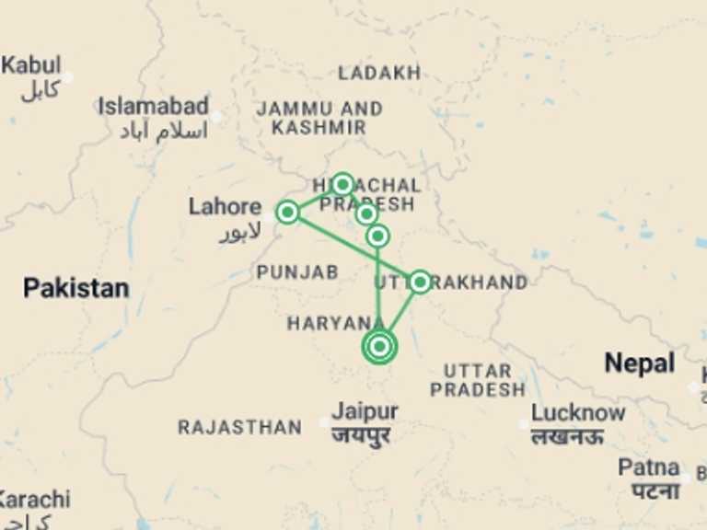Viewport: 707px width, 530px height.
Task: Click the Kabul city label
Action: pyautogui.click(x=32, y=66)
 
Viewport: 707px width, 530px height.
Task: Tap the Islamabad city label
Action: pyautogui.click(x=154, y=107)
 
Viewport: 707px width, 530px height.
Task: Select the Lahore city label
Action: pyautogui.click(x=225, y=207)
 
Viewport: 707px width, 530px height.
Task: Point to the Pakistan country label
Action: pyautogui.click(x=75, y=289)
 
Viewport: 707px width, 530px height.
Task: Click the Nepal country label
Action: pyautogui.click(x=639, y=363)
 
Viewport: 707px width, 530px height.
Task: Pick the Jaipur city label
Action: pyautogui.click(x=365, y=411)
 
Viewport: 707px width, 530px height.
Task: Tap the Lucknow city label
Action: pyautogui.click(x=578, y=413)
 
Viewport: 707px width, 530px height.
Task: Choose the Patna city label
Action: pyautogui.click(x=649, y=467)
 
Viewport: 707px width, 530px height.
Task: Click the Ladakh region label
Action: pyautogui.click(x=379, y=73)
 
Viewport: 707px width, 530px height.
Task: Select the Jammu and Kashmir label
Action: pyautogui.click(x=319, y=119)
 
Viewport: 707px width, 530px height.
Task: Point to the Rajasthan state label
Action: pyautogui.click(x=239, y=428)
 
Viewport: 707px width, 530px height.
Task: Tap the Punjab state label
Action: pyautogui.click(x=296, y=272)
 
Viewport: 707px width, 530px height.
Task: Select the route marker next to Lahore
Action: pyautogui.click(x=287, y=213)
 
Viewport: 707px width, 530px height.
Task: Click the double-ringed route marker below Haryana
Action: pyautogui.click(x=379, y=347)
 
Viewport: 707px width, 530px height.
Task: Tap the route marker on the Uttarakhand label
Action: pyautogui.click(x=420, y=282)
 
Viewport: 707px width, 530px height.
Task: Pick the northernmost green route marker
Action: pyautogui.click(x=342, y=184)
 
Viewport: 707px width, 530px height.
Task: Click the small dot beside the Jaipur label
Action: pyautogui.click(x=323, y=422)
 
